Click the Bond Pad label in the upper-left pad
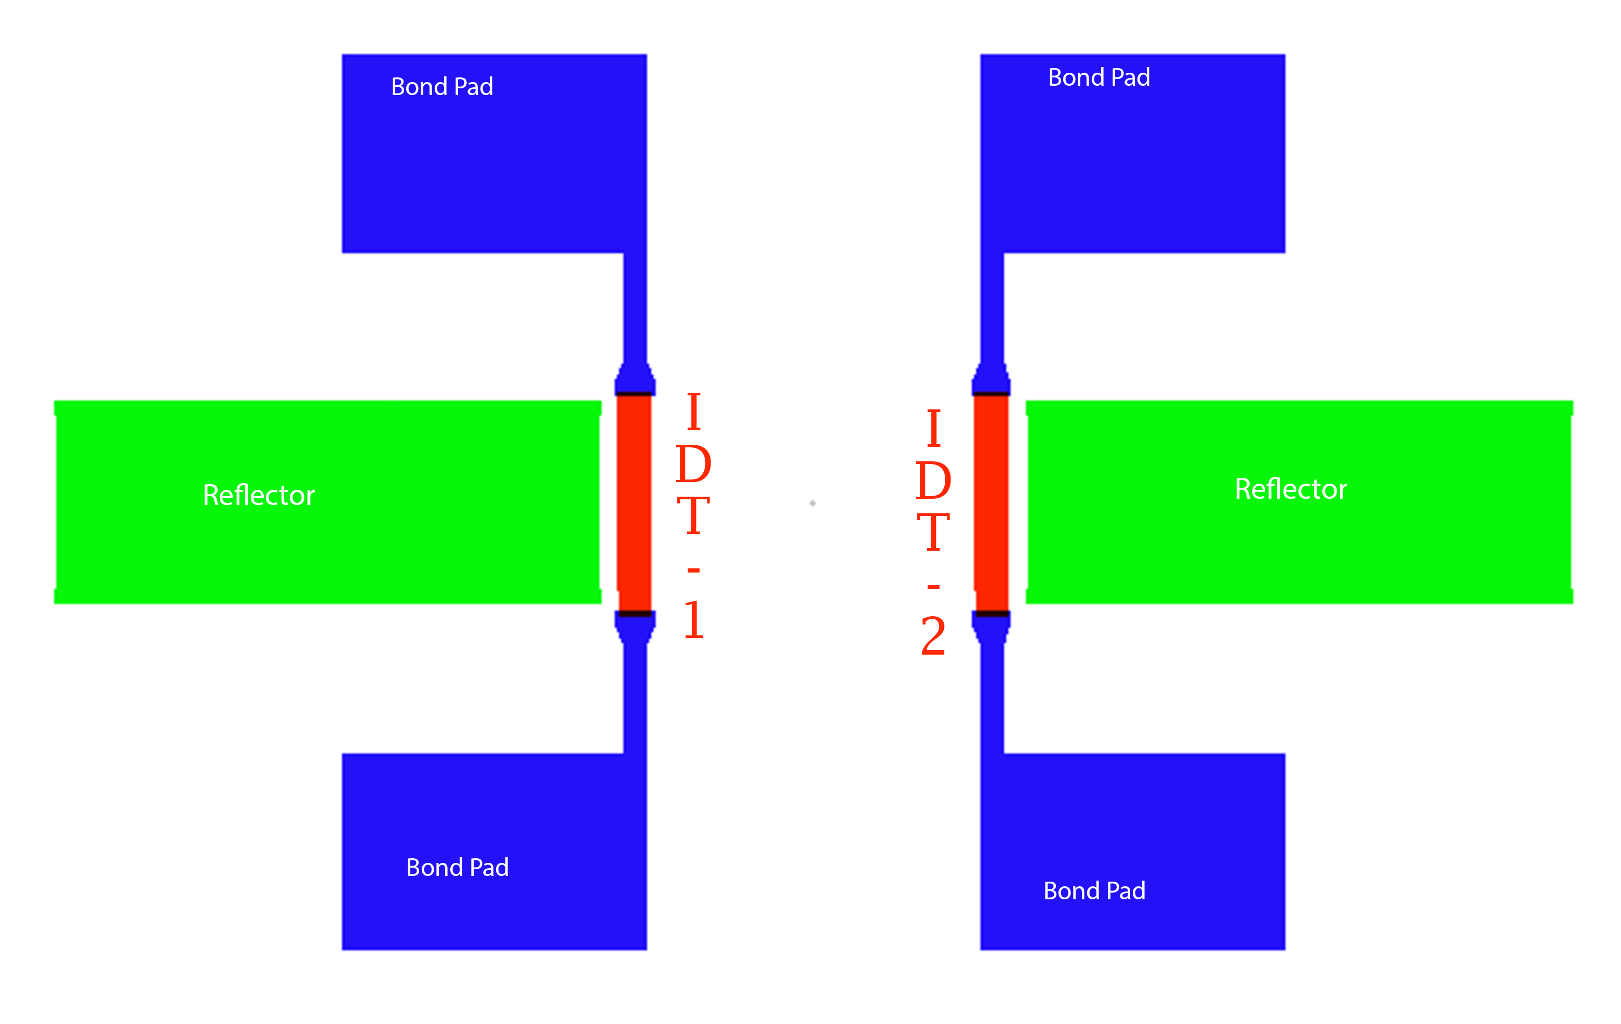(x=443, y=87)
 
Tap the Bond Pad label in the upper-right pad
(x=1100, y=77)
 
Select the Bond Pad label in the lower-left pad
(x=458, y=867)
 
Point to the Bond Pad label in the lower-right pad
(x=1094, y=890)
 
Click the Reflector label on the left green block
(x=259, y=496)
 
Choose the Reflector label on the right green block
(x=1291, y=489)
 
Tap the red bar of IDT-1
(x=634, y=503)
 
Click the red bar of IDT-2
(x=991, y=503)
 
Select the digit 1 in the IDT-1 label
(x=693, y=619)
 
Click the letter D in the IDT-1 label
(x=693, y=464)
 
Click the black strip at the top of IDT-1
(x=634, y=394)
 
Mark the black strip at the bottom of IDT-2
(x=992, y=614)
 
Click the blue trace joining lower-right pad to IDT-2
(x=992, y=698)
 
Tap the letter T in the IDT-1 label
(x=693, y=516)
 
